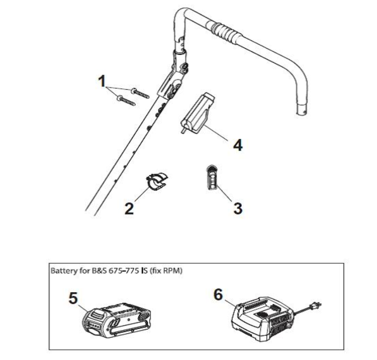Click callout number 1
tap(102, 81)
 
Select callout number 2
tap(129, 208)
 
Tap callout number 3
tap(237, 208)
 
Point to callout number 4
tap(238, 145)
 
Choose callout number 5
tap(73, 298)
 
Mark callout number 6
tap(218, 294)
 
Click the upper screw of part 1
tap(140, 93)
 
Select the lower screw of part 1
tap(126, 100)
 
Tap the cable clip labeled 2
tap(157, 181)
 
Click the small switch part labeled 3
tap(212, 177)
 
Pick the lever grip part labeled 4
tap(198, 113)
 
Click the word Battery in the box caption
tap(63, 271)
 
